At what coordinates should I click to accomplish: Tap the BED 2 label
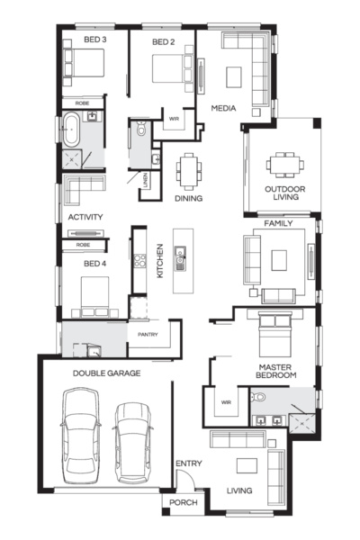click(162, 41)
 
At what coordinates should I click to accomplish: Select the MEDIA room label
click(223, 108)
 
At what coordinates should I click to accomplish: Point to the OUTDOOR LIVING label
click(283, 193)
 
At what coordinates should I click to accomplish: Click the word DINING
click(188, 198)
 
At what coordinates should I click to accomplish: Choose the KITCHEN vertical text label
click(158, 260)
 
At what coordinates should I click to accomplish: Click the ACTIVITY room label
click(85, 218)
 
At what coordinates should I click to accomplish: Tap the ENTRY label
click(189, 463)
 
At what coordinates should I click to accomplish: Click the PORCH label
click(184, 503)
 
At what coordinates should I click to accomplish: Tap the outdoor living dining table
click(283, 164)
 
